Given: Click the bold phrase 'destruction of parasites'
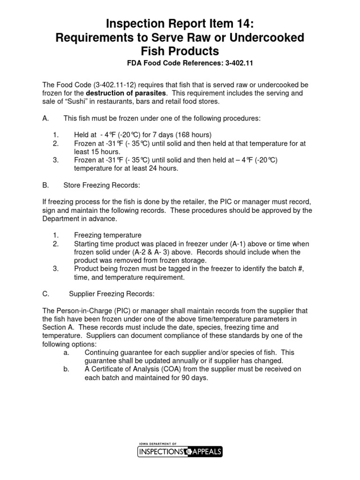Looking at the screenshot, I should click(126, 93).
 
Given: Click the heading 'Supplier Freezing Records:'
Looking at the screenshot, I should click(112, 294).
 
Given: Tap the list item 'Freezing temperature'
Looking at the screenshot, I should click(107, 235).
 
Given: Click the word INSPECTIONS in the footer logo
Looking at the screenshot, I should click(160, 452).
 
